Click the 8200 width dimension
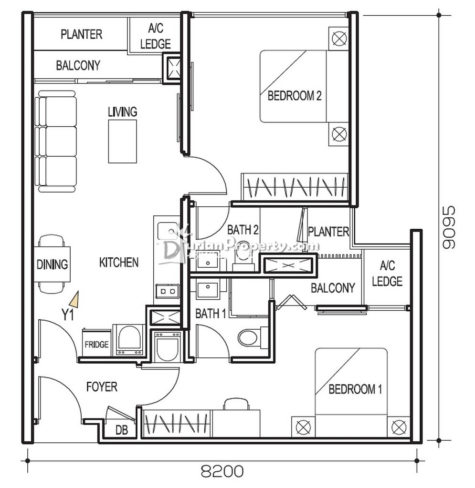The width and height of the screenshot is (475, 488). pos(222,471)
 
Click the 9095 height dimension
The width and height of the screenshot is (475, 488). pos(449,227)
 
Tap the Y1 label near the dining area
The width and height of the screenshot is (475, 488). pos(68,315)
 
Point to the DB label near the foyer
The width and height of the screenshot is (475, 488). pos(122,430)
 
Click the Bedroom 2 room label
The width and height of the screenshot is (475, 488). pos(295,95)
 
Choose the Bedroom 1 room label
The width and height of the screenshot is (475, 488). pos(355,389)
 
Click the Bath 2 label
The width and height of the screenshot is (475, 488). pos(243,230)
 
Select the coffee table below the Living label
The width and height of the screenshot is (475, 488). pos(123,141)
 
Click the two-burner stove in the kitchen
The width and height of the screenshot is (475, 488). pos(168,291)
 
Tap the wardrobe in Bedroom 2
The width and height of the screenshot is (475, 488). pos(295,187)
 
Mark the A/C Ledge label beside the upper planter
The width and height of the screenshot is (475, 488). pos(156,36)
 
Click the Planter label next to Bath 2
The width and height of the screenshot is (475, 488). pos(328,232)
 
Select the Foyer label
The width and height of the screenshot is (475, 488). pos(102,387)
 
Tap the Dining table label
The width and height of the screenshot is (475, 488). pos(52,264)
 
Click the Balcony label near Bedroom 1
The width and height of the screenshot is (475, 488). pos(333,288)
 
